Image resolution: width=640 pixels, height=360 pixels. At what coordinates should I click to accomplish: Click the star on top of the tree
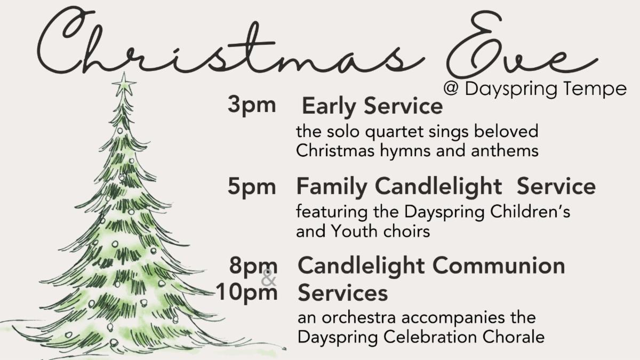point(124,84)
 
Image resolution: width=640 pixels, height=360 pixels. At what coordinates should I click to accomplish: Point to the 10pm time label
point(247,292)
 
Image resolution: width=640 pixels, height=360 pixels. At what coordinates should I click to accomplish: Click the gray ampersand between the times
point(269,277)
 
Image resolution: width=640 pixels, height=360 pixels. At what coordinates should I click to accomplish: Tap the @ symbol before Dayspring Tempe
point(451,89)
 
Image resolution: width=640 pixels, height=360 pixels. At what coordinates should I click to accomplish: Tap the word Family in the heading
point(332,187)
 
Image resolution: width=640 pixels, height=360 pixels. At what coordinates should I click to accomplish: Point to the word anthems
point(505,150)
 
